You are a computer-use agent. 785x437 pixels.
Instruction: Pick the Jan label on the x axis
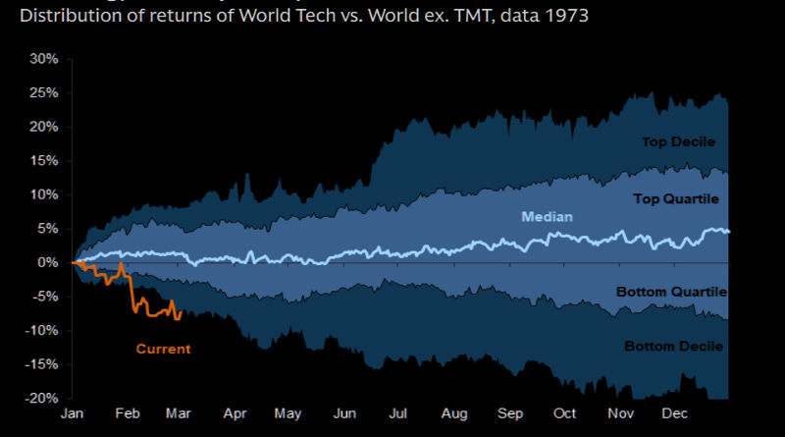pos(73,414)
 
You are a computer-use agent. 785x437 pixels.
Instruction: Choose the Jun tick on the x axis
pos(344,414)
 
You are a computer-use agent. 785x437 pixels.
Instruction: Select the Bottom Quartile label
pos(670,292)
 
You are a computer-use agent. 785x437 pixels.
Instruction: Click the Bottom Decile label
pos(673,346)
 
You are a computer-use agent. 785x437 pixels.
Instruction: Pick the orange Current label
pos(163,349)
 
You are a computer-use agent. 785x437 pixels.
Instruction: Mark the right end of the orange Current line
pos(181,312)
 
